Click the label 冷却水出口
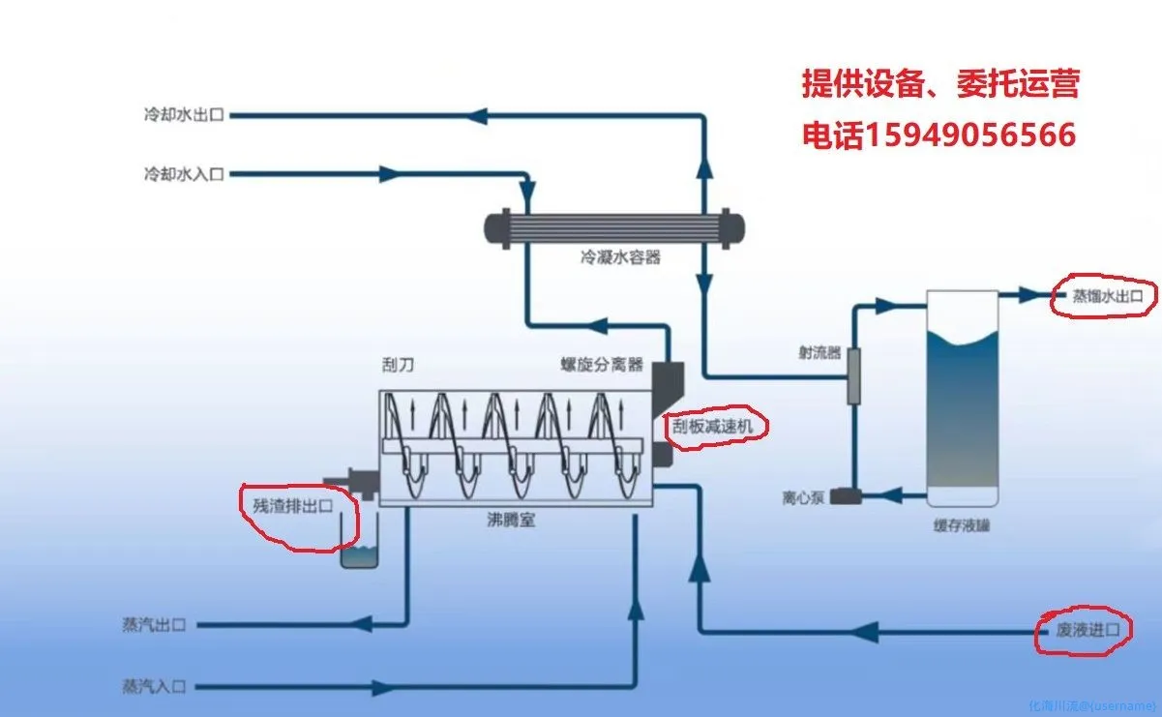pos(183,115)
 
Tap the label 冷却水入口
pos(183,174)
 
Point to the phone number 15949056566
pos(968,135)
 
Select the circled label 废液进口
pos(1082,631)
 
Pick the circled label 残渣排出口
pos(292,505)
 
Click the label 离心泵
pos(803,498)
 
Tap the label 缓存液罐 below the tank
pos(961,526)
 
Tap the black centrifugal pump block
pos(848,496)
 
